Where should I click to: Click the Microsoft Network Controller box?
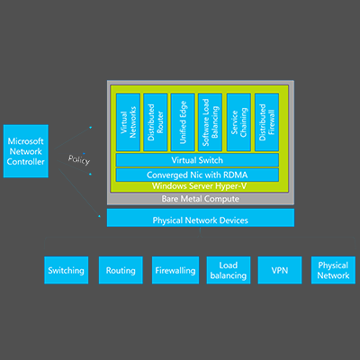click(26, 151)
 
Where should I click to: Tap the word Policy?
click(79, 159)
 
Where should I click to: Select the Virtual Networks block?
click(128, 122)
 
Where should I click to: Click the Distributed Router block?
click(156, 122)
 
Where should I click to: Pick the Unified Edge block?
click(183, 122)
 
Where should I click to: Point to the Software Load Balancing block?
click(210, 122)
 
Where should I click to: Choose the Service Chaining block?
click(238, 122)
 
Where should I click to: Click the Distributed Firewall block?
click(266, 122)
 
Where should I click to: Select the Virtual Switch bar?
click(197, 160)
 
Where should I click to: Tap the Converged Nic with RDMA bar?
click(197, 175)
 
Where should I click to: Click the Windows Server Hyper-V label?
click(199, 186)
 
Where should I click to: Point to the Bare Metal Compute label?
click(201, 199)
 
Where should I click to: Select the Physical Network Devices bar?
click(201, 218)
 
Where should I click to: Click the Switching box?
click(67, 270)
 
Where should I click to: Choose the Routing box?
click(121, 270)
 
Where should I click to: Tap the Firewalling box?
click(175, 270)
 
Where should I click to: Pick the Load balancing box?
click(229, 270)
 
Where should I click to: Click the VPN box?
click(280, 270)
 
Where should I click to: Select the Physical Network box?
click(333, 270)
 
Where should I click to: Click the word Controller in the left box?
click(26, 162)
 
